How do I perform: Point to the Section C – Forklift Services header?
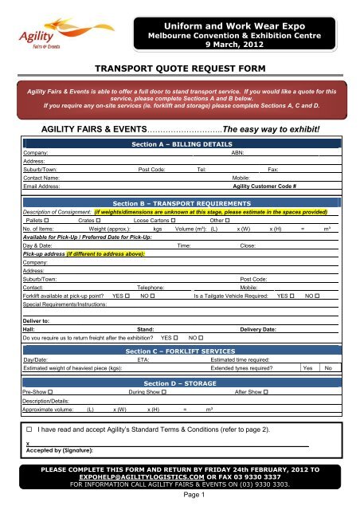[x=179, y=351]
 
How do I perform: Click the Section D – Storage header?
[x=179, y=383]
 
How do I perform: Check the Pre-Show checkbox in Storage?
[x=50, y=393]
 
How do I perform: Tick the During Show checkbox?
[x=163, y=393]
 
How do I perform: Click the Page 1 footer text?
[x=179, y=494]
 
